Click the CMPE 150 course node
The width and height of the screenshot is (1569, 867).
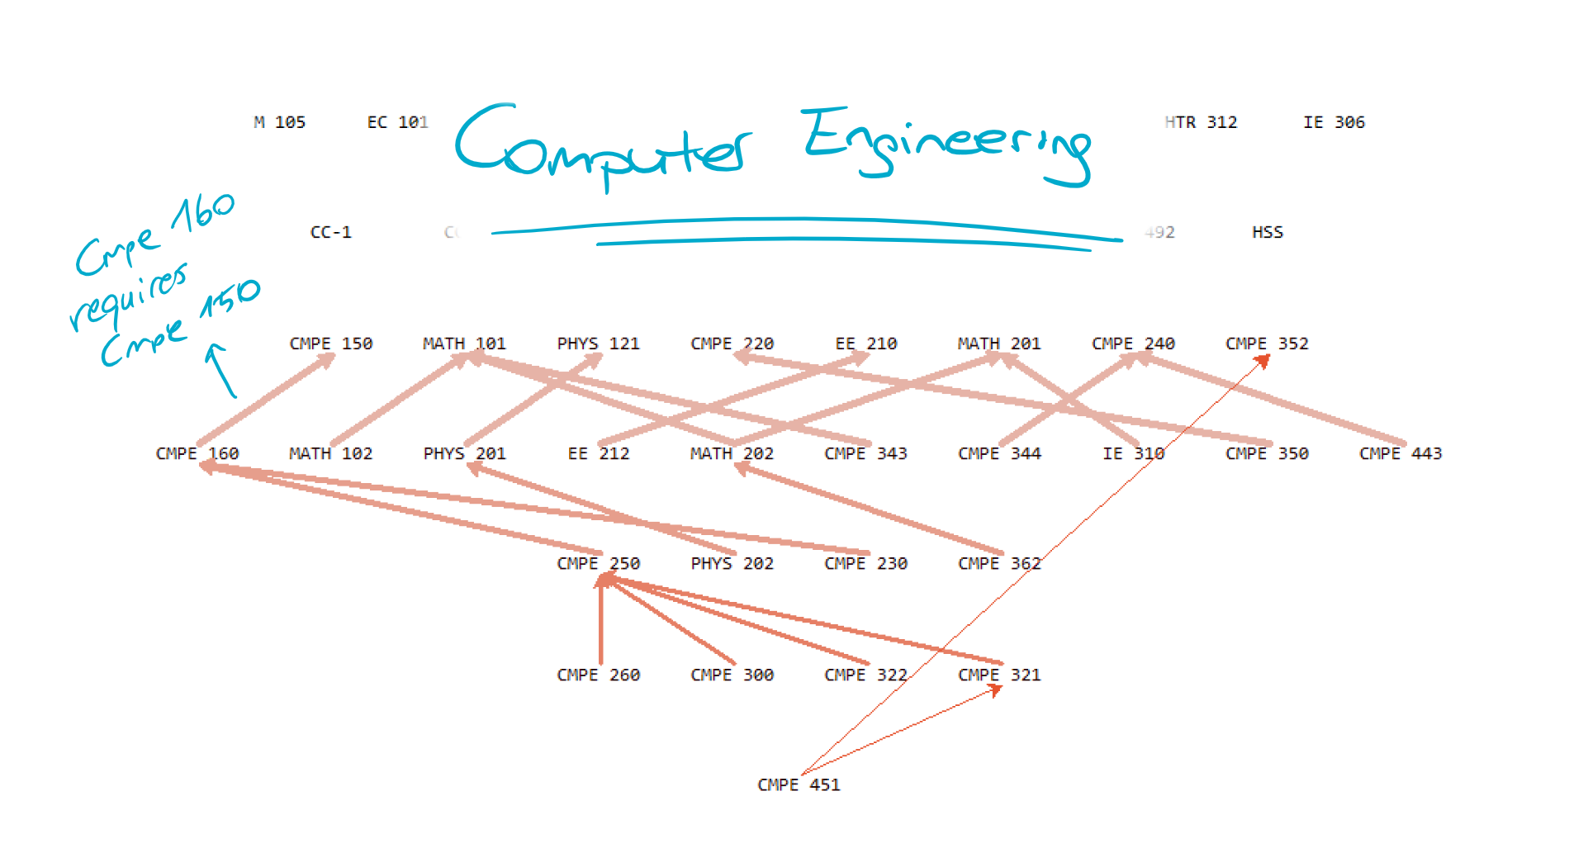point(330,343)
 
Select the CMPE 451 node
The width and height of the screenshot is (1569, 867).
point(799,785)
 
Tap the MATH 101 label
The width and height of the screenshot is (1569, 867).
point(464,343)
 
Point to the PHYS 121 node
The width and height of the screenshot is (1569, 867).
point(598,343)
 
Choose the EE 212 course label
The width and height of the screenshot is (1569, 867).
point(598,454)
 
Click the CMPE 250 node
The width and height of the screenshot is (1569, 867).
point(598,564)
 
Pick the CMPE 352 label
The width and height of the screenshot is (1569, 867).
point(1267,343)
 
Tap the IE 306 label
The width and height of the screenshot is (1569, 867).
point(1334,122)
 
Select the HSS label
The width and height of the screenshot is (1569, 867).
point(1267,233)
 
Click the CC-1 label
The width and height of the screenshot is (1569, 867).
point(330,233)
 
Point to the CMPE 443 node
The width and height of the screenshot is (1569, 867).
point(1401,454)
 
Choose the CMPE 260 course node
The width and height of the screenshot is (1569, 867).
point(598,675)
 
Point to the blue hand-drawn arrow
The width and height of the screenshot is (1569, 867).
point(220,370)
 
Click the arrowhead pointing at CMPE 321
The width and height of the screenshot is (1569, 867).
point(997,690)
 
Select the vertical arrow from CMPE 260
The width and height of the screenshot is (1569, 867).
point(600,623)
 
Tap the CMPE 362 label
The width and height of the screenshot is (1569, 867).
point(999,564)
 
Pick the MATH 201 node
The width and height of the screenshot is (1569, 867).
point(999,343)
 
